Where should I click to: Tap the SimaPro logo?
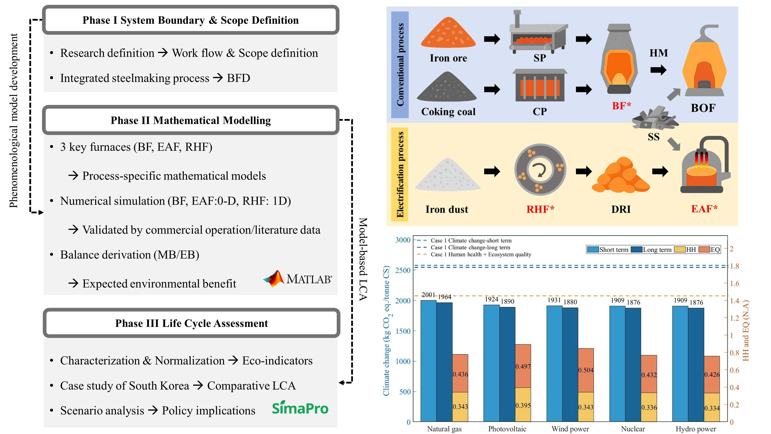coord(300,408)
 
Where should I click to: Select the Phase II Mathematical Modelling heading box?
coord(191,120)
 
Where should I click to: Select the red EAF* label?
coord(704,209)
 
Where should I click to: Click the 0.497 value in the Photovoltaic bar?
coord(523,366)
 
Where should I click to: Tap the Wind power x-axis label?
coord(570,429)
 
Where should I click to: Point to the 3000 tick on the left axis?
coord(403,240)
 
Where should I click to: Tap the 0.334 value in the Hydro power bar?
coord(712,408)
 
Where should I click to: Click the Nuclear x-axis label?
coord(633,429)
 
